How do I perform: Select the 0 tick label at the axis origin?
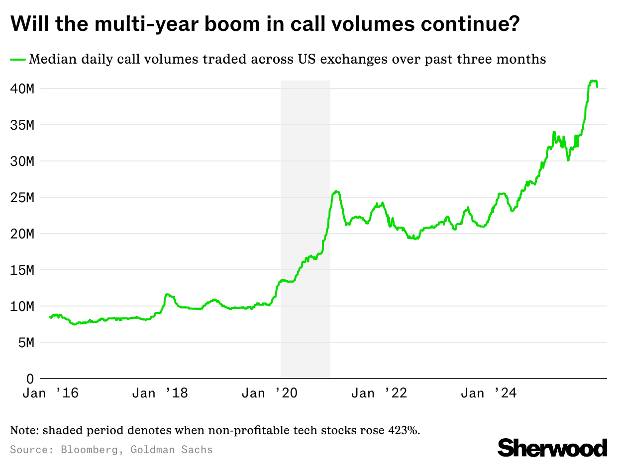30,379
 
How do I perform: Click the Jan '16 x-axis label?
51,393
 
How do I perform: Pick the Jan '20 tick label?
269,393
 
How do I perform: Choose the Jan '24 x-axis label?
488,393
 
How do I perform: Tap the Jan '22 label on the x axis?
379,393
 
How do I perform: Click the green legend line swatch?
18,60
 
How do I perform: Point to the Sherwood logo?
552,448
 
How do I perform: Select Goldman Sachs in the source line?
172,450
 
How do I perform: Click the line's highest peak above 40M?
593,80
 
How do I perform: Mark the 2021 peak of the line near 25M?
337,191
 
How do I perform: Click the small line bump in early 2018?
168,295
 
